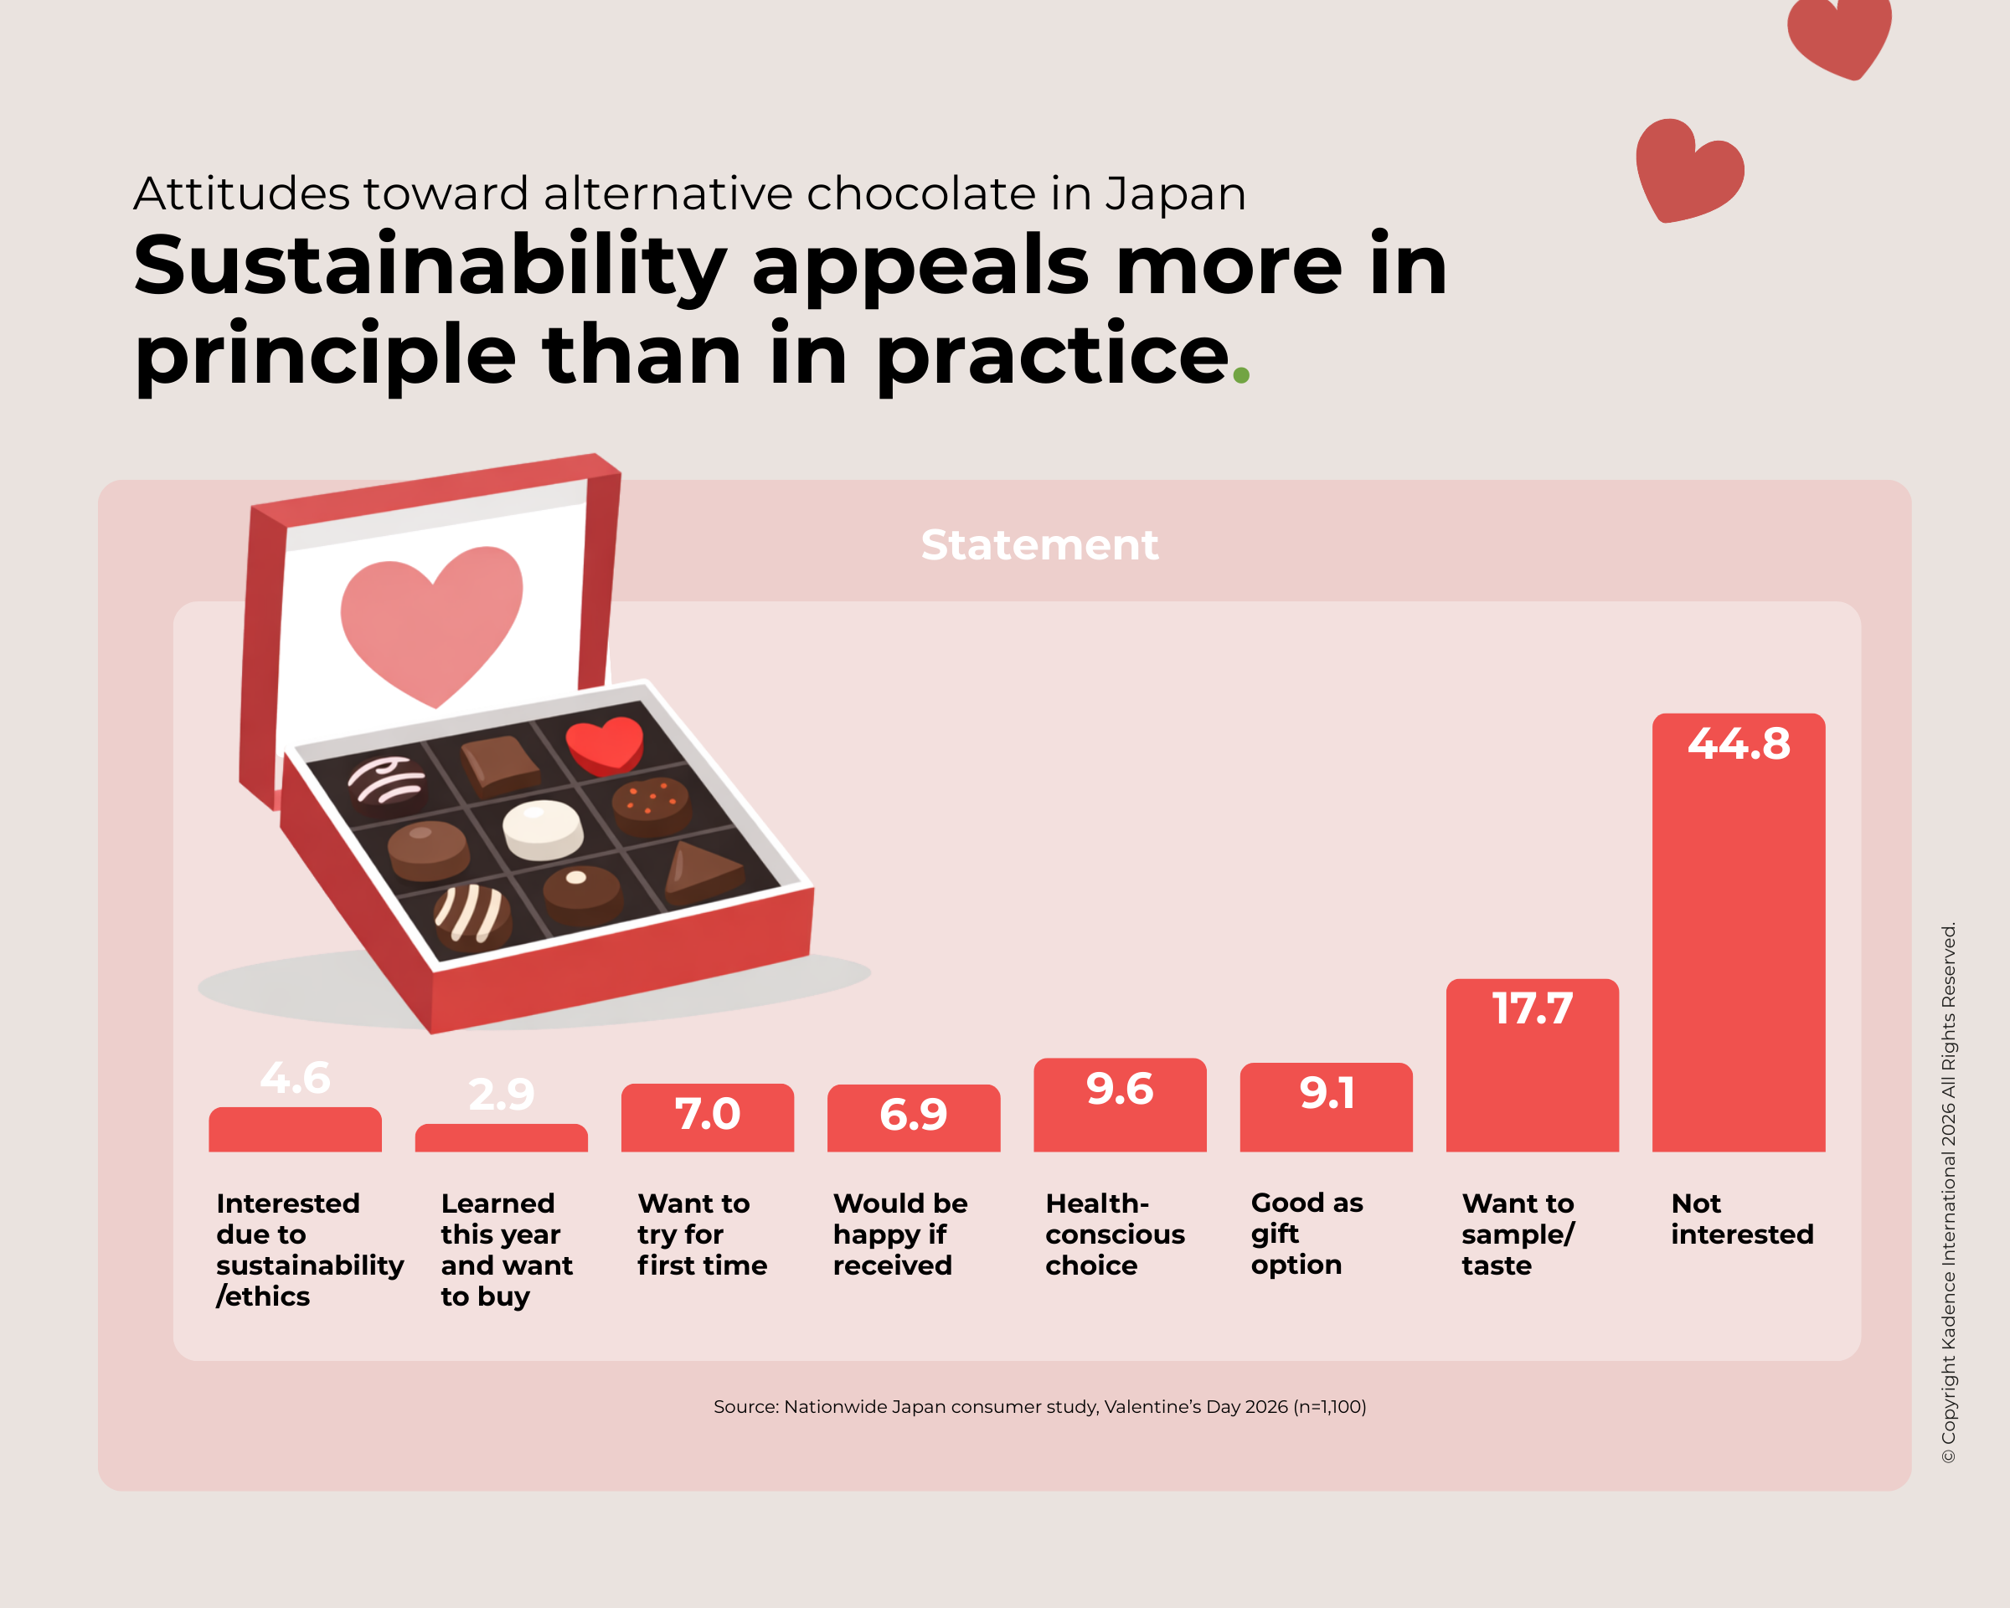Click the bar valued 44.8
[1738, 932]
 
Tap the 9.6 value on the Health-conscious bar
[1120, 1089]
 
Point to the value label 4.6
[295, 1078]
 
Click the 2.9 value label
[502, 1095]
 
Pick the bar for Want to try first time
[707, 1119]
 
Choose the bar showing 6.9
[913, 1119]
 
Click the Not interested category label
[1740, 1219]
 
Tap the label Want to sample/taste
[1517, 1234]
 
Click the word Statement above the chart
[1038, 544]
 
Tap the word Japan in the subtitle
[1175, 194]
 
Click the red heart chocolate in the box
[605, 744]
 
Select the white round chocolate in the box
[543, 828]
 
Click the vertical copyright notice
[1949, 1193]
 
